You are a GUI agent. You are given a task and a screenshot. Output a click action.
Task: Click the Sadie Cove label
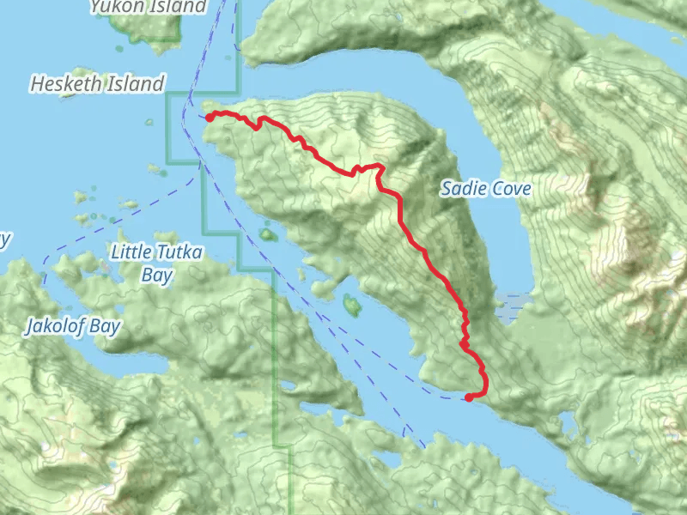click(x=485, y=189)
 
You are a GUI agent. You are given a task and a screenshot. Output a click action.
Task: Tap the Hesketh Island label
click(x=96, y=84)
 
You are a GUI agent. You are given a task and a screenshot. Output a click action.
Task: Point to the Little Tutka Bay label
click(x=157, y=264)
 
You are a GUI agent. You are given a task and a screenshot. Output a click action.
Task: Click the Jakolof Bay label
click(x=73, y=327)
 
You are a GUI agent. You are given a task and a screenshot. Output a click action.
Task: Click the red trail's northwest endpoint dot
click(x=209, y=118)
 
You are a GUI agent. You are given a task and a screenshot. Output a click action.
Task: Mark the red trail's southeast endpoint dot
click(x=469, y=397)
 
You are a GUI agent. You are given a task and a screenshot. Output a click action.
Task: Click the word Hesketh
click(x=66, y=84)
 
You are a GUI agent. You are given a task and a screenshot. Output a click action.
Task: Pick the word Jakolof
click(x=57, y=327)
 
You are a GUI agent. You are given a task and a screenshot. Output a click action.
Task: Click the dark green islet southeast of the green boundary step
click(x=268, y=233)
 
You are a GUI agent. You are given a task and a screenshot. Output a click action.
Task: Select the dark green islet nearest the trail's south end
click(x=351, y=303)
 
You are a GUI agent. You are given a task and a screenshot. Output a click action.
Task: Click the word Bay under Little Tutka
click(x=157, y=276)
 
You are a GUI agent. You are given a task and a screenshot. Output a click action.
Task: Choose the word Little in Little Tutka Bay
click(x=133, y=252)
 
